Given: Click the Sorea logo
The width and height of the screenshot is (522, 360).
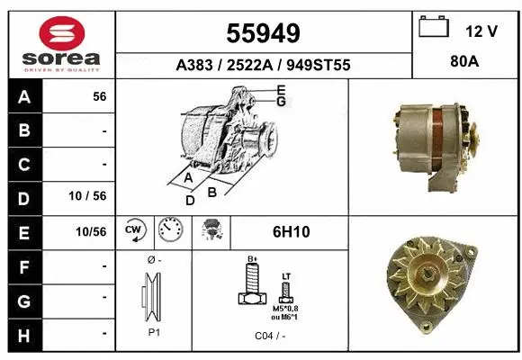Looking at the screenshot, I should [61, 43].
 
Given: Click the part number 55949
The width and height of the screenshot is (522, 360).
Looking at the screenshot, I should [262, 33].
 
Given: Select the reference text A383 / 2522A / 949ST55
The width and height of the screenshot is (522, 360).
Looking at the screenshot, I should [262, 66].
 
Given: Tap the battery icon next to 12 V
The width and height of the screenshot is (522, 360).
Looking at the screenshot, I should [434, 29].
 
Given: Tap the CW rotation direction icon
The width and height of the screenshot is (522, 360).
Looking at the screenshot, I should [134, 231].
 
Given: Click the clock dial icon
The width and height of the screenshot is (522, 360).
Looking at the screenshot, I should [169, 231].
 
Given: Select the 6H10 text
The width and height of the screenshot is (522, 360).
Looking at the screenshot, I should [290, 232].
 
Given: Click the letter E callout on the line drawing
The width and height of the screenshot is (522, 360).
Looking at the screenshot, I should [281, 89].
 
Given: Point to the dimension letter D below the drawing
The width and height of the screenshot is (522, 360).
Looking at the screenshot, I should [190, 201].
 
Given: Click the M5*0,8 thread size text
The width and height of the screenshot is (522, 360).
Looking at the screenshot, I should [287, 308].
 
